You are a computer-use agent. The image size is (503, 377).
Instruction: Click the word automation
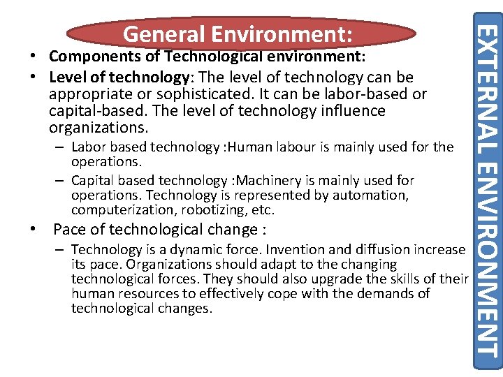click(x=370, y=195)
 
